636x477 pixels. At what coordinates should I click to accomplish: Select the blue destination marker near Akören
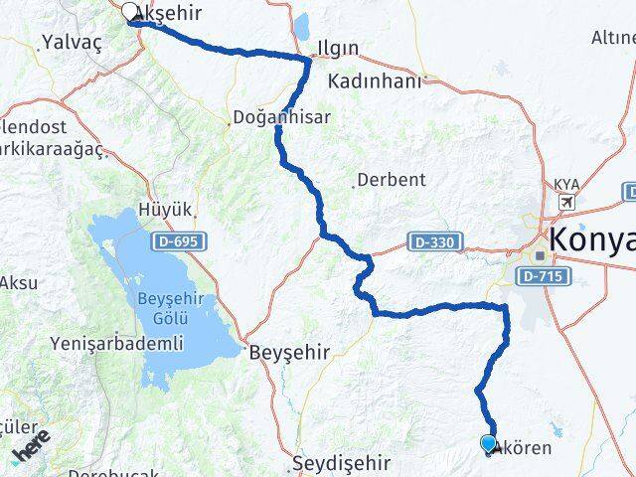(488, 443)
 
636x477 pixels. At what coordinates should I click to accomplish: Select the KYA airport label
(567, 185)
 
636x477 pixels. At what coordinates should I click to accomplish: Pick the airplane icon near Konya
(567, 203)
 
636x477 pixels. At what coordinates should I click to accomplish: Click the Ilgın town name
(338, 48)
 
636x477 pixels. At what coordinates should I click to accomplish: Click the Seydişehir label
(339, 463)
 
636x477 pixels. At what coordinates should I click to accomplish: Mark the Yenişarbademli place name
(116, 344)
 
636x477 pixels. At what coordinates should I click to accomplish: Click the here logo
(30, 449)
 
